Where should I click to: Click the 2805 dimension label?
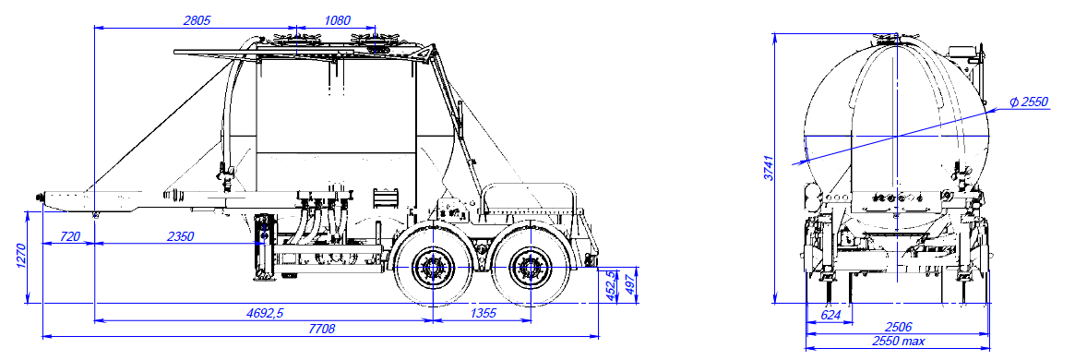197,20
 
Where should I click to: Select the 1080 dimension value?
336,20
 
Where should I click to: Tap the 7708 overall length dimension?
321,330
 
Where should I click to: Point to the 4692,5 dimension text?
265,313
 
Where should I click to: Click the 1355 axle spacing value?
483,313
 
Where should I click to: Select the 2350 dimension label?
180,236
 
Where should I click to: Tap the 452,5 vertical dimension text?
607,287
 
